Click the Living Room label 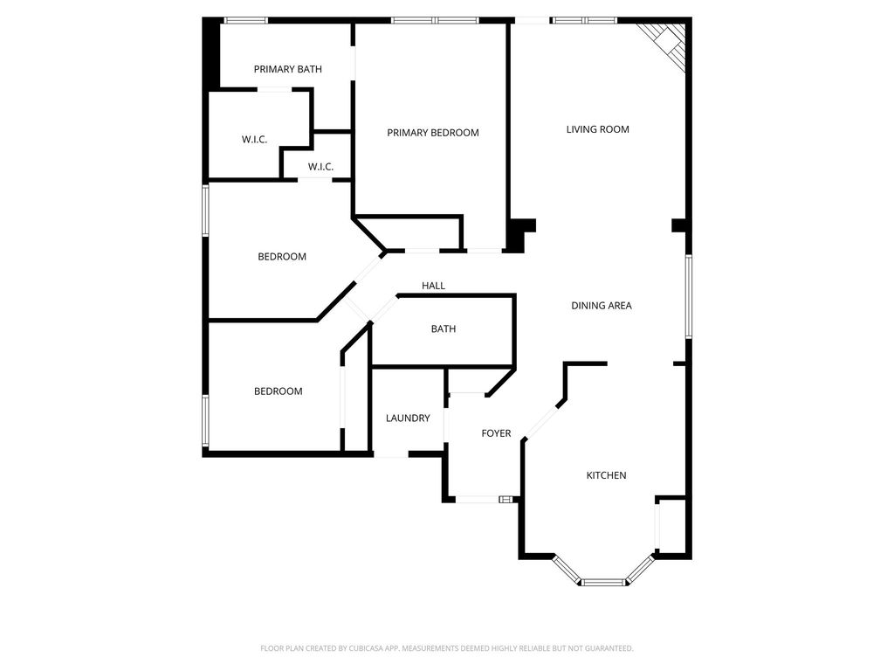[597, 129]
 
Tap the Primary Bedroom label [433, 133]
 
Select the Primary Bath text [288, 69]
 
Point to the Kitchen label [606, 475]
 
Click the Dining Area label [602, 306]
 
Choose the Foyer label [496, 433]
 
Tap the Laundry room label [408, 419]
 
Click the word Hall [433, 286]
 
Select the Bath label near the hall [444, 329]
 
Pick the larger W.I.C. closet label [254, 140]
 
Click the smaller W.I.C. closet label [320, 168]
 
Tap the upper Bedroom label [282, 257]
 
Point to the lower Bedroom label [279, 391]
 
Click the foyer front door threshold [478, 500]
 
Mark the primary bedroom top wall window [434, 20]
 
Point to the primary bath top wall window [246, 20]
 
